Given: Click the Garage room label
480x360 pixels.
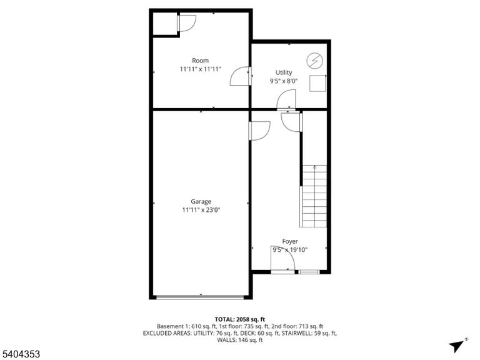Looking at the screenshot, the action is click(x=201, y=201).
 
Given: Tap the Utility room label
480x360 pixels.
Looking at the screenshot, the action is click(x=284, y=72).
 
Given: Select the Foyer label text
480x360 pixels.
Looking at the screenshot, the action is click(x=290, y=241).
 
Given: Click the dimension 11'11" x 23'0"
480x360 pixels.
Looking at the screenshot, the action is click(x=201, y=210).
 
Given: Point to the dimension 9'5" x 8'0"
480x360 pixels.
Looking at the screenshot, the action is click(x=284, y=81).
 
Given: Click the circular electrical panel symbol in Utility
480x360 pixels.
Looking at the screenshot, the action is click(x=315, y=60).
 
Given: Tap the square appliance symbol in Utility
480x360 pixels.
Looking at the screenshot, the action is click(x=317, y=83).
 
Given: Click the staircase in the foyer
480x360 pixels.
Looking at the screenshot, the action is click(x=314, y=196).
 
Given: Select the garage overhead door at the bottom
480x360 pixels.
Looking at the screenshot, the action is click(x=200, y=297).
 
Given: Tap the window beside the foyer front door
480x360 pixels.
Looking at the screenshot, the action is click(x=309, y=271).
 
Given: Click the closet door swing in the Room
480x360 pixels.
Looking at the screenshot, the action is click(x=186, y=23).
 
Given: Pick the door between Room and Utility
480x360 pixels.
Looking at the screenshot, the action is click(x=241, y=76).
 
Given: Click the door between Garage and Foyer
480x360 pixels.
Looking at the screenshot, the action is click(x=259, y=131).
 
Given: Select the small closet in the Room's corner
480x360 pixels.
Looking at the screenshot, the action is click(x=165, y=24).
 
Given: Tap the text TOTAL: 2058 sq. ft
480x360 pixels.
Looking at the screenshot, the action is click(x=240, y=319).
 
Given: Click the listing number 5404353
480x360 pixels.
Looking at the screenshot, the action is click(x=20, y=354).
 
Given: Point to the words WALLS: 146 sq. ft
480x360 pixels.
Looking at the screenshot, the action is click(x=240, y=340).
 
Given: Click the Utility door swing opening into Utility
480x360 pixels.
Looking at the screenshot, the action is click(x=286, y=99).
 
